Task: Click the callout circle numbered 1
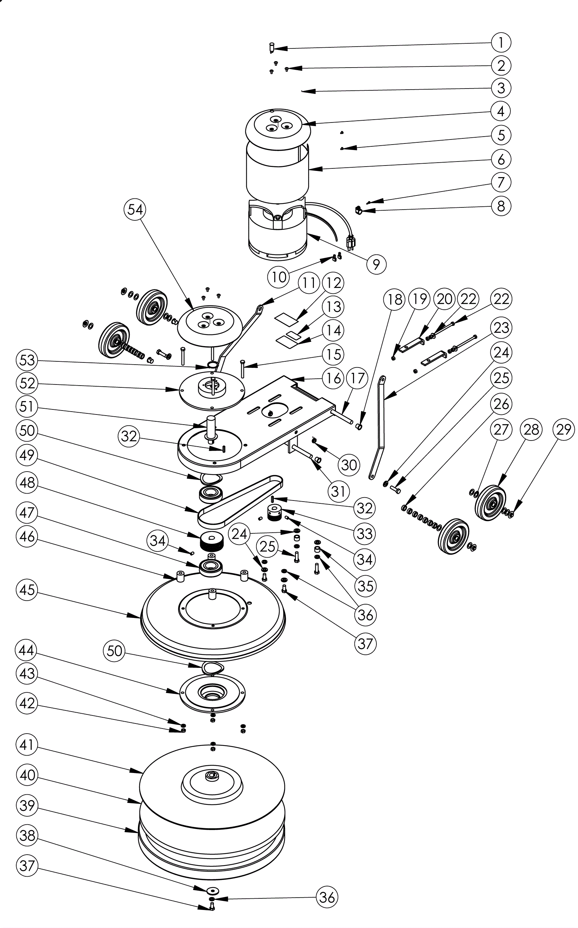point(501,42)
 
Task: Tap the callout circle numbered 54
point(135,210)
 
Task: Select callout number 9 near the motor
point(376,264)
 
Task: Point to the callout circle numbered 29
point(564,429)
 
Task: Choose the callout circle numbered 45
point(27,590)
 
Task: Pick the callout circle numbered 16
point(333,378)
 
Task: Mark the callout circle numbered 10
point(279,276)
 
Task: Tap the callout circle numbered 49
point(27,455)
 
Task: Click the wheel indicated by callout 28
point(491,502)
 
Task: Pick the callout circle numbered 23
point(501,328)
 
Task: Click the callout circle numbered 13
point(333,307)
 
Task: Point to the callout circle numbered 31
point(338,491)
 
